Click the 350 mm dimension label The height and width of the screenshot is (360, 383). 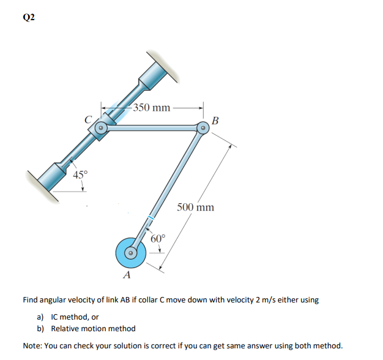click(x=152, y=108)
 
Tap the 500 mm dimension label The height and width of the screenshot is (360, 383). click(x=196, y=207)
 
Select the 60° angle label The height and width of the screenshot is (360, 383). click(x=158, y=238)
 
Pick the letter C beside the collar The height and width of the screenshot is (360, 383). click(x=89, y=119)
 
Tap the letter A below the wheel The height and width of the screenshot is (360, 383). click(x=127, y=275)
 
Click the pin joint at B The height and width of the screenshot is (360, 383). click(x=203, y=129)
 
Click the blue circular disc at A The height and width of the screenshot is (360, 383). click(x=130, y=252)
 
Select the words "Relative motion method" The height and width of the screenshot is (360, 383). click(x=93, y=329)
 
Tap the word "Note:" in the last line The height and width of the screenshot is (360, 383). click(x=34, y=345)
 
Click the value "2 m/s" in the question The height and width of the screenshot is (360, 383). click(x=267, y=300)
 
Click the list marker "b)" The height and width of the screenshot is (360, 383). click(x=42, y=329)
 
